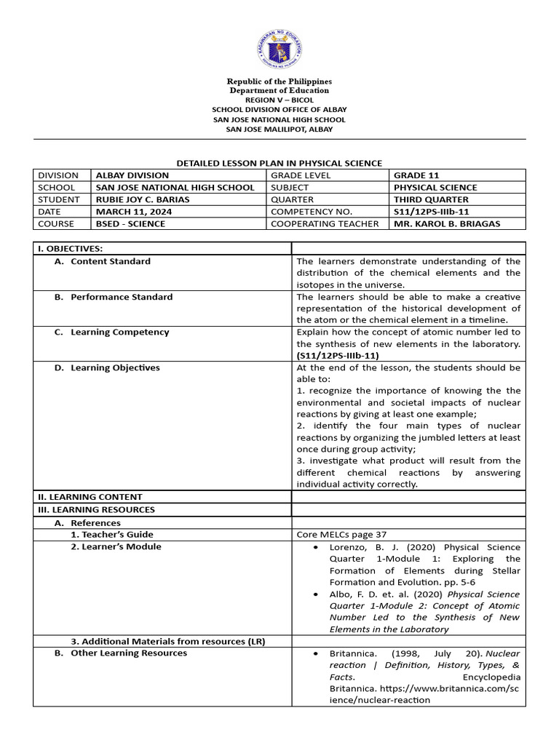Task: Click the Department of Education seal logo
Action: (x=279, y=49)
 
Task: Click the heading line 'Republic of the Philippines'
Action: (x=279, y=81)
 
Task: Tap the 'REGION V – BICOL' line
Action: (x=279, y=100)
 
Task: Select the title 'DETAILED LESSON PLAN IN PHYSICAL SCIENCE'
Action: (x=279, y=164)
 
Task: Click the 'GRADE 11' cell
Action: (x=416, y=175)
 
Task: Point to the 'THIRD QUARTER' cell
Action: (x=431, y=199)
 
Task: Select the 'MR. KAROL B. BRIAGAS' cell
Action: (x=447, y=223)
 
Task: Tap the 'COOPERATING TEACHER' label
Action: (x=325, y=223)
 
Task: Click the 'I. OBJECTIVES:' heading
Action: (x=70, y=249)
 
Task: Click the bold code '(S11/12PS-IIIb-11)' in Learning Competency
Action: (x=338, y=355)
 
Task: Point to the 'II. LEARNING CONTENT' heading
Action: (x=90, y=497)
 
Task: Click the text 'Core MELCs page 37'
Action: (x=341, y=534)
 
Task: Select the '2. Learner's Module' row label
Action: (x=116, y=546)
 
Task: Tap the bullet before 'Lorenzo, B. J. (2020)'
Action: (x=314, y=547)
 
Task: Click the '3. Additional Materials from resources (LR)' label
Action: (x=167, y=641)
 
